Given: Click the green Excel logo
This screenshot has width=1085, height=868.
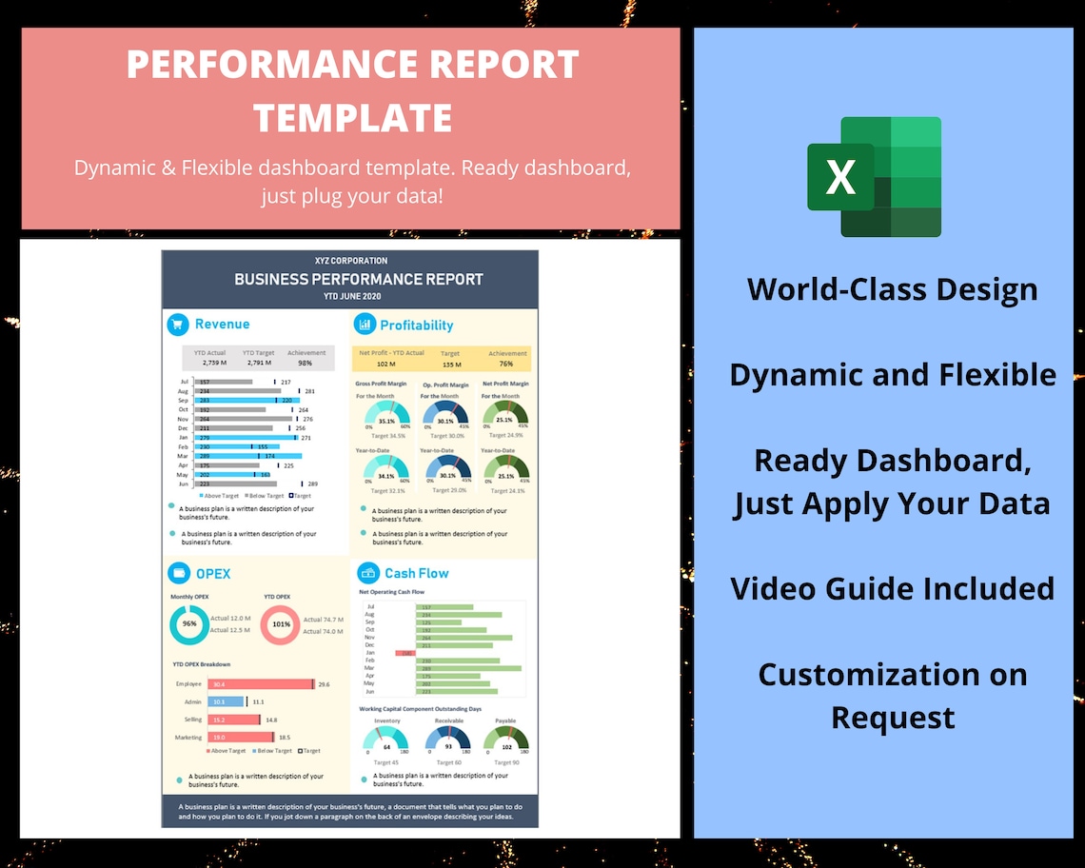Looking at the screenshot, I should [874, 177].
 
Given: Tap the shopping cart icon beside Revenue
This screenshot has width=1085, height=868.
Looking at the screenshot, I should [178, 325].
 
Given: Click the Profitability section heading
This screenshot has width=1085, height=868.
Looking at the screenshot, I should [416, 325].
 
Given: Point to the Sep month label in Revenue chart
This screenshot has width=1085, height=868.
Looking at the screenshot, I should [183, 401].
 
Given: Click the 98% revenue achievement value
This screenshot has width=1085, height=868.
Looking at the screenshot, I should [305, 364].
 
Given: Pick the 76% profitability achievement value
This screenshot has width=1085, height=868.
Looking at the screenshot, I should [506, 364].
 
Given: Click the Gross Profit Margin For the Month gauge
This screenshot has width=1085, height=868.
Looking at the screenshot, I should [386, 416].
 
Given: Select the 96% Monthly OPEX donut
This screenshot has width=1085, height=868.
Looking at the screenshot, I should [189, 624].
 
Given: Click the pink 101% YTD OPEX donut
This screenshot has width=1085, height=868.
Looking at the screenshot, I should [281, 625].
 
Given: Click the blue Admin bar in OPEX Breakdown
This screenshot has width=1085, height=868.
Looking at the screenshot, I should [227, 701].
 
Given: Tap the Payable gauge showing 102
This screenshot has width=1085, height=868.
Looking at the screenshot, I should [506, 743].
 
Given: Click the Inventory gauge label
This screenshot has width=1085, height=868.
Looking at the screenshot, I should [387, 721].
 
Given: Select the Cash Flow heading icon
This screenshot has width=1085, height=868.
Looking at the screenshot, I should [368, 573].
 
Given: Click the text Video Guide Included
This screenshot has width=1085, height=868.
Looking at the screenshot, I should [892, 588].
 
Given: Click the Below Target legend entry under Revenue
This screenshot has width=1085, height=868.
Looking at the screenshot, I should [266, 496].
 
